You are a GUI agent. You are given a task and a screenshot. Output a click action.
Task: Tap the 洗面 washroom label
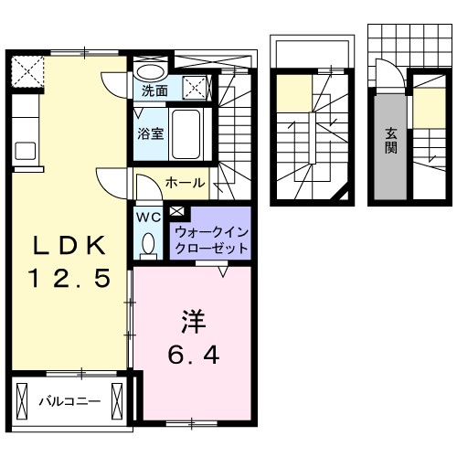[154, 90]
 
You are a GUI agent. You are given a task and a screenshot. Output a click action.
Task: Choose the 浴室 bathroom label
[151, 133]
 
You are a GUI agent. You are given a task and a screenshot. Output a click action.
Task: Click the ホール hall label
[185, 183]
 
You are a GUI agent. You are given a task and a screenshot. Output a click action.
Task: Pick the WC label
[148, 218]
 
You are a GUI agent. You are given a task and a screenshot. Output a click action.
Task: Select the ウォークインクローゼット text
[209, 239]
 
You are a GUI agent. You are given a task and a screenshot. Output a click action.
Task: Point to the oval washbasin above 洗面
[150, 71]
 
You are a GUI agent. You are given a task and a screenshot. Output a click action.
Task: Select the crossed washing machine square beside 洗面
[196, 88]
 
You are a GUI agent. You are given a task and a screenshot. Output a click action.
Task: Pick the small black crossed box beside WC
[175, 213]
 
